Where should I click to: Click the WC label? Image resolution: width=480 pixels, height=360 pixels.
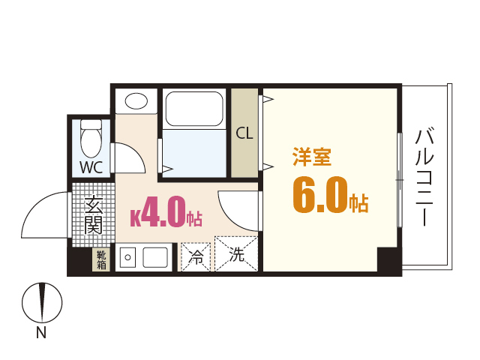click(91, 166)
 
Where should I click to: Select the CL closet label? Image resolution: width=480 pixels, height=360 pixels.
click(244, 133)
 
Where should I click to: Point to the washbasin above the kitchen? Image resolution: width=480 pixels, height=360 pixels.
click(136, 101)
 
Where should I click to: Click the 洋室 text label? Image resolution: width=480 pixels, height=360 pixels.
click(312, 157)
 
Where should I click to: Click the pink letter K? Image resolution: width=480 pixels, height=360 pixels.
click(136, 218)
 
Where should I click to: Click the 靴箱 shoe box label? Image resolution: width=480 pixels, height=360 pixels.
click(101, 259)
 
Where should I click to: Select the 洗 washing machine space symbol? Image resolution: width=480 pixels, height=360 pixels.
click(236, 255)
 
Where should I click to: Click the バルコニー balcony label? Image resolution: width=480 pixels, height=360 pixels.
click(424, 177)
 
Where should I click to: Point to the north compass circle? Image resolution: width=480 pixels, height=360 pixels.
click(42, 303)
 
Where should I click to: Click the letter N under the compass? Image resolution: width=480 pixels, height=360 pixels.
click(41, 334)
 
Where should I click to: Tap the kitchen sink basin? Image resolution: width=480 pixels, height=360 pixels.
click(156, 257)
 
